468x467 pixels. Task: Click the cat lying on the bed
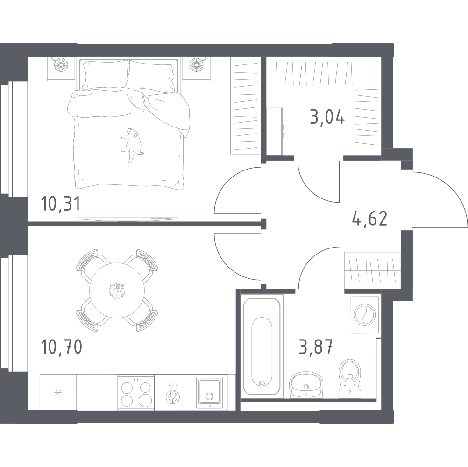132,144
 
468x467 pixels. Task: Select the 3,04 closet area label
327,117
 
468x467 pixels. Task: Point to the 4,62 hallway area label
370,219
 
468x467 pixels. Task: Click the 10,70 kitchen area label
62,347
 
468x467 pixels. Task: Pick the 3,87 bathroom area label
316,347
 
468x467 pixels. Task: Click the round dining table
117,290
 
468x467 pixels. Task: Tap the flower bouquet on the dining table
117,290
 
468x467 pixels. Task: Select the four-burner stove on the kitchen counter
136,392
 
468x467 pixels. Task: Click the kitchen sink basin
209,392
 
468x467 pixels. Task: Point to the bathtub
262,347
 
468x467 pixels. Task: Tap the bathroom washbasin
306,385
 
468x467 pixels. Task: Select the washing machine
365,315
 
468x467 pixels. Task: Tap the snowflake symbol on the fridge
58,393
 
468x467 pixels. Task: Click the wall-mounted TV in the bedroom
128,219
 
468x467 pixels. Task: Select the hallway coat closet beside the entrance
373,270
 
